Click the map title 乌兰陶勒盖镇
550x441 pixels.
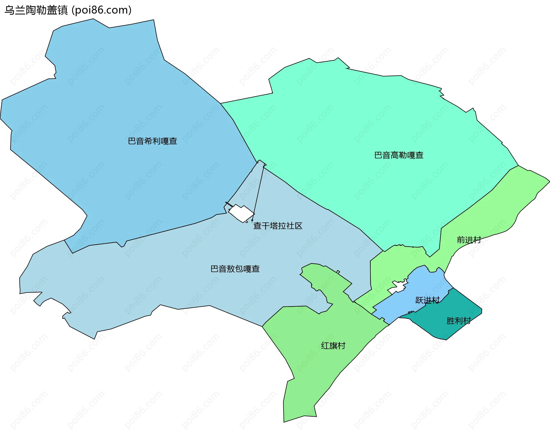pos(36,10)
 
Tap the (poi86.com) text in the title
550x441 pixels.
pos(101,10)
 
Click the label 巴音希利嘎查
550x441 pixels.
pos(152,141)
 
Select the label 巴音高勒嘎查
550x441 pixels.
pos(399,155)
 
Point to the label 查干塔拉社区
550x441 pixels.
pos(278,226)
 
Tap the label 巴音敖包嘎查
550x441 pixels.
pos(235,269)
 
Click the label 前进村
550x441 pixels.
pos(469,240)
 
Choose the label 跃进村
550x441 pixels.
pos(427,300)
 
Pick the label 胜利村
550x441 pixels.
pos(459,321)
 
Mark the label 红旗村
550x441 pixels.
pos(333,346)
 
